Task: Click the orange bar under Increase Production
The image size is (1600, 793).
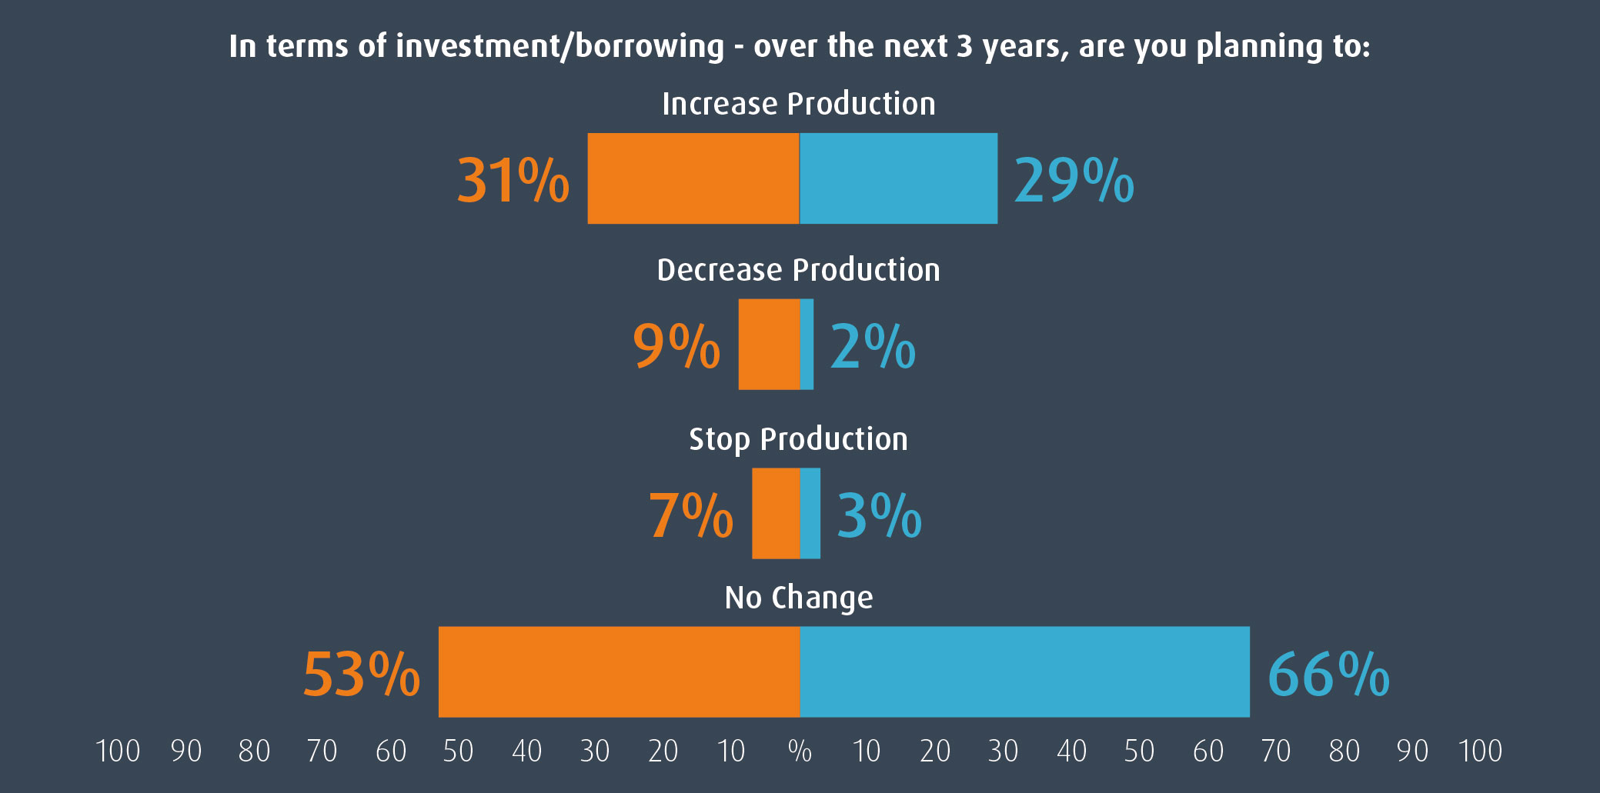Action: [693, 178]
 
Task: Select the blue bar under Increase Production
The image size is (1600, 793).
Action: [899, 178]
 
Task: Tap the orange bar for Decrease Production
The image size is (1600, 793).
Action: [769, 344]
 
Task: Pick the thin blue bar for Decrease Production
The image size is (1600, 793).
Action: [807, 344]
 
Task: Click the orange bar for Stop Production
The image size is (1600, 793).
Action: [776, 513]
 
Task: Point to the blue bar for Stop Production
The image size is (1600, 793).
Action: [810, 513]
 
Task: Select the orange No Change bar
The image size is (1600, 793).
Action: [619, 671]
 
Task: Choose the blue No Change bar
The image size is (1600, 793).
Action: [1024, 671]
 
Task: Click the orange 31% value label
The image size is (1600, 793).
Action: [513, 181]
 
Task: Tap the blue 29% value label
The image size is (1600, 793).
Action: [1074, 181]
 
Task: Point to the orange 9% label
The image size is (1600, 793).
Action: [676, 346]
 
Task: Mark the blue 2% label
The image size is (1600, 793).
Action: [873, 346]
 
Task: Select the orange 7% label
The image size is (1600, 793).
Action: [690, 515]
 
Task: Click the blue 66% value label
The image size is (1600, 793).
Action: [1328, 675]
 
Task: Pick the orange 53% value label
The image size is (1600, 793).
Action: [362, 675]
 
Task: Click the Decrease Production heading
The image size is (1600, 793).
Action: [798, 270]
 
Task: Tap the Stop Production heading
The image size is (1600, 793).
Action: [798, 439]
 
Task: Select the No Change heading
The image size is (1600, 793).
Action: [799, 598]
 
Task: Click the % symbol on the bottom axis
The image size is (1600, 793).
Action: [800, 751]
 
